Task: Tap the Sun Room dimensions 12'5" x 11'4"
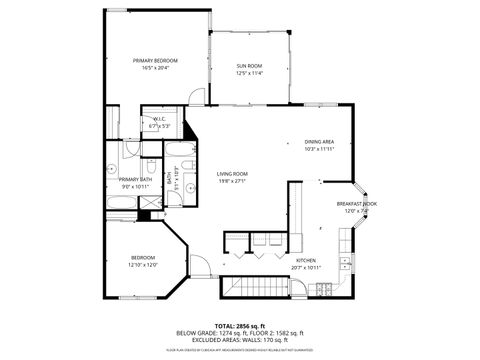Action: point(249,73)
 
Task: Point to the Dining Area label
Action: point(319,142)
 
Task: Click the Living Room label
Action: point(232,174)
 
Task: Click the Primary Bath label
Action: point(135,180)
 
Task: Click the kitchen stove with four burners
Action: point(324,289)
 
